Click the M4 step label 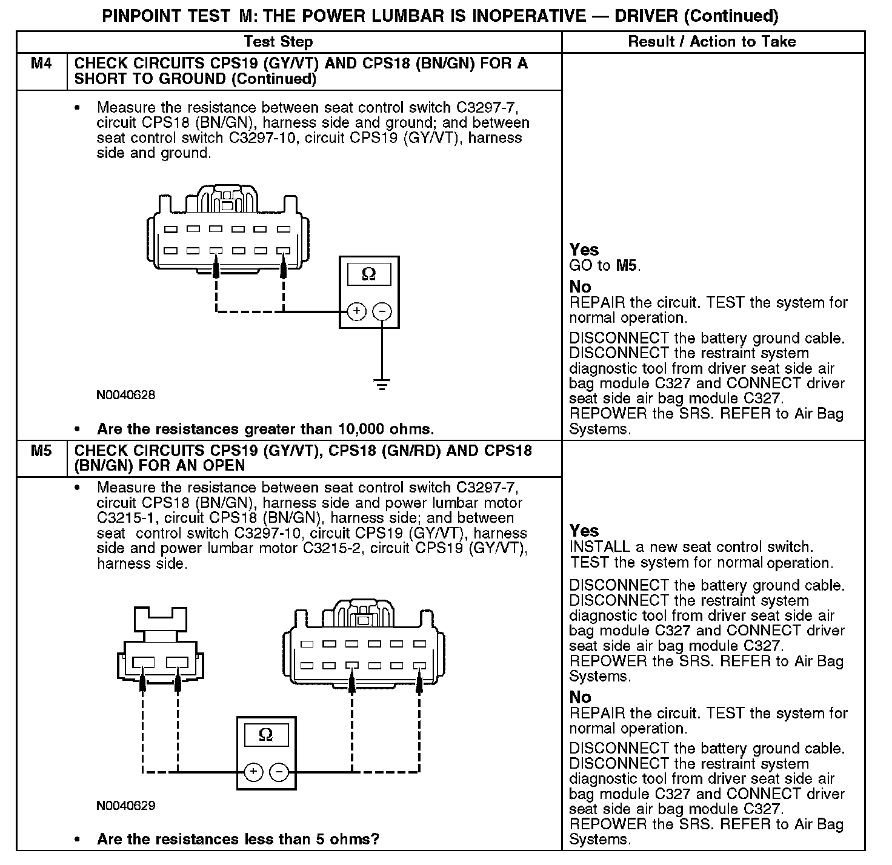[41, 64]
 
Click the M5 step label [41, 451]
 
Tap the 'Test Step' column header [278, 42]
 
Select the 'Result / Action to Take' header [712, 42]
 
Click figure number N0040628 [125, 396]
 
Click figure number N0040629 [125, 806]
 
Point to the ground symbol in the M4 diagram [382, 384]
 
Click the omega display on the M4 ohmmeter [368, 274]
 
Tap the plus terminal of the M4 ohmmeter [356, 312]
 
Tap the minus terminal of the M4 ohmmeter [382, 312]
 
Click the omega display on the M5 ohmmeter [266, 735]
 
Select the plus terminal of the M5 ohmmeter [253, 772]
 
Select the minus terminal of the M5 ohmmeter [279, 772]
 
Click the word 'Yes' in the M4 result [584, 250]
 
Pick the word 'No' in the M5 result [580, 697]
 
